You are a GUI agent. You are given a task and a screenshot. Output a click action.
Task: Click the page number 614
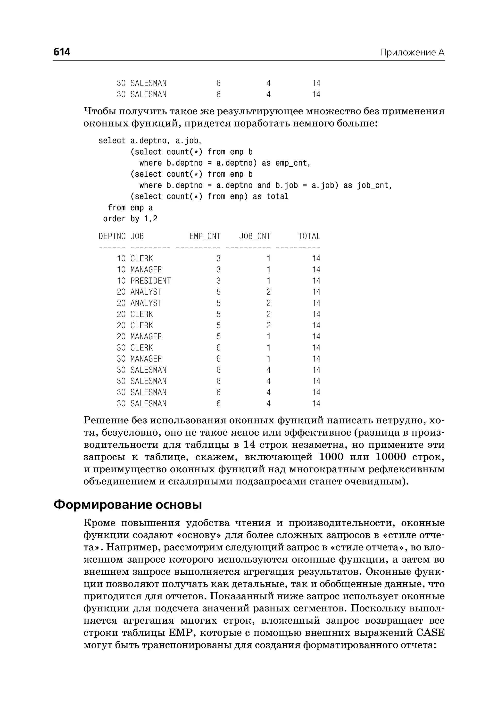coord(62,52)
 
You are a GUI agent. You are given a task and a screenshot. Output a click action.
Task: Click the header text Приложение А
coord(412,53)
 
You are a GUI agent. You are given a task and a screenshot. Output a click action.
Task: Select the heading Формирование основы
coord(128,505)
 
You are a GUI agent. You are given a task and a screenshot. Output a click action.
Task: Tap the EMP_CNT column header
coord(205,236)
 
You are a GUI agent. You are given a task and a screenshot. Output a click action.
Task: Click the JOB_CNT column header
coord(255,236)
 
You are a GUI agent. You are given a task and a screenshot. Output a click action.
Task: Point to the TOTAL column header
coord(309,236)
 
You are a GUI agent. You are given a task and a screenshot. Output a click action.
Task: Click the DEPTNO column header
coord(112,236)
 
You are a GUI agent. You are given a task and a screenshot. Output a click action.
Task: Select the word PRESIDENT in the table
coord(150,281)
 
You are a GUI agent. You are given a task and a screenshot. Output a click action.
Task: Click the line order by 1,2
coord(130,219)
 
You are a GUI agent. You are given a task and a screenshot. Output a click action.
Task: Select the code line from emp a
coord(130,208)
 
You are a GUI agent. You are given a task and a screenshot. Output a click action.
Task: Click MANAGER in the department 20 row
coord(146,336)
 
